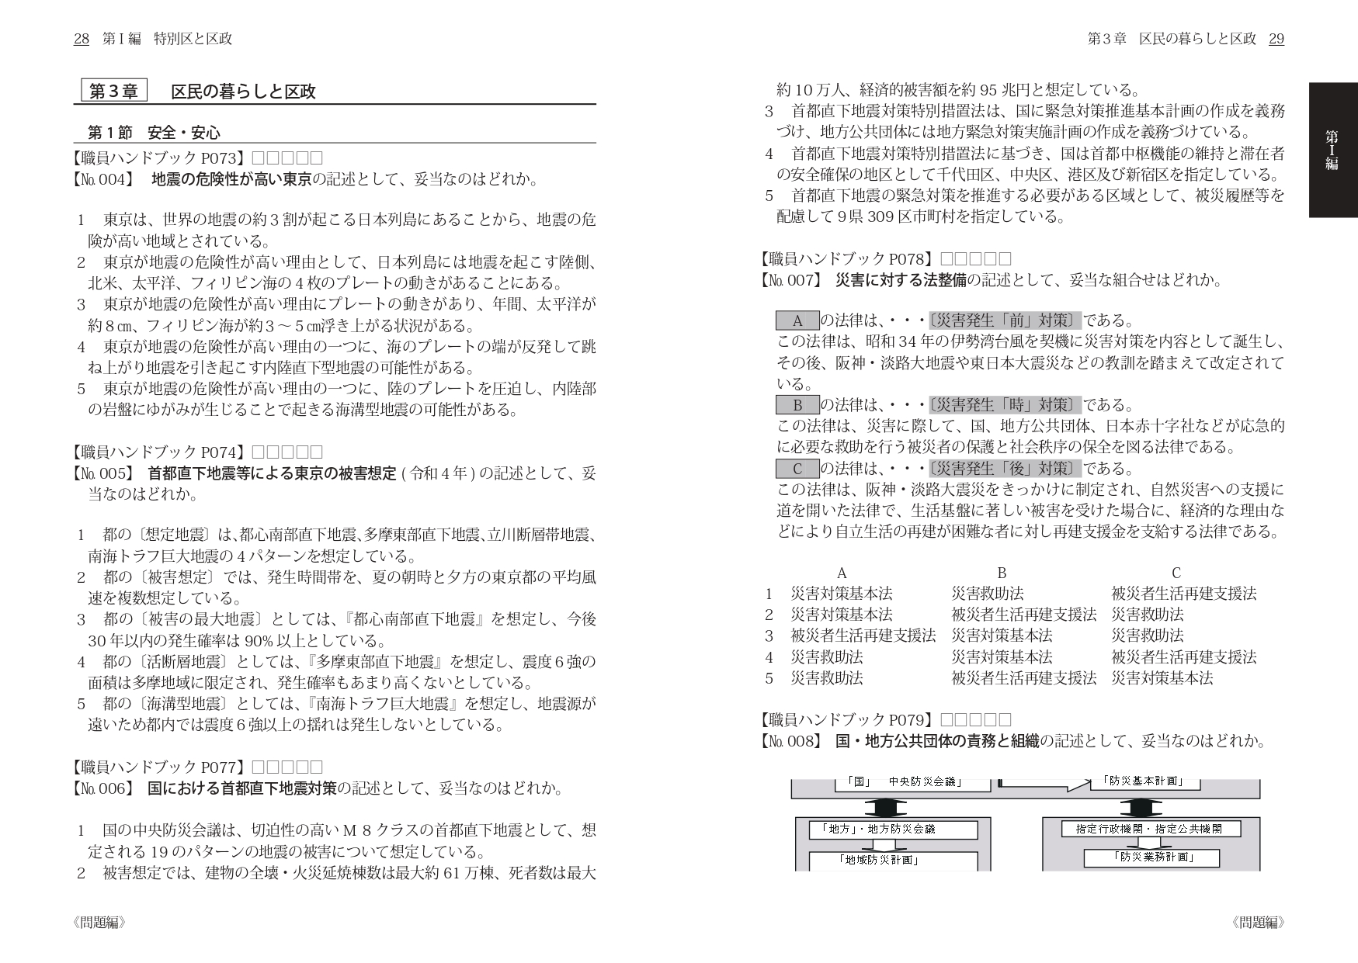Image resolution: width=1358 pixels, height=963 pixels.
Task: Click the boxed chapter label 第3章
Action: pos(114,92)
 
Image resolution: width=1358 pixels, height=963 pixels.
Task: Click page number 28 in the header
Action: pos(81,39)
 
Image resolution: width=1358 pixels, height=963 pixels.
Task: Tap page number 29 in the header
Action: pos(1276,39)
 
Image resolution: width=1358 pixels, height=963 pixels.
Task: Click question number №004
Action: pos(102,180)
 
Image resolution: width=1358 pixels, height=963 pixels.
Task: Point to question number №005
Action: pos(102,473)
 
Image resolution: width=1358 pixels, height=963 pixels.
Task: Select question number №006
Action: pos(102,788)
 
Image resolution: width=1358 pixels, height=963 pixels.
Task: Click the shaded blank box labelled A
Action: pos(797,320)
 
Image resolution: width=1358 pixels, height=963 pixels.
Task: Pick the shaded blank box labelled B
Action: pos(797,405)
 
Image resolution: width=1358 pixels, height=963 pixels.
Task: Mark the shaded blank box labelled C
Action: pos(797,469)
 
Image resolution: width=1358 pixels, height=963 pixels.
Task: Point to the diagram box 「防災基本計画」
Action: pos(1144,781)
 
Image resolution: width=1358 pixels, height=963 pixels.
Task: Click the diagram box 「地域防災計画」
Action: pos(878,860)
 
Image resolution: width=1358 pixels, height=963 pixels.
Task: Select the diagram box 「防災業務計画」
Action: pos(1151,857)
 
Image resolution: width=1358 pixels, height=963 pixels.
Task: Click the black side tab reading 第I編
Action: pos(1332,150)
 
